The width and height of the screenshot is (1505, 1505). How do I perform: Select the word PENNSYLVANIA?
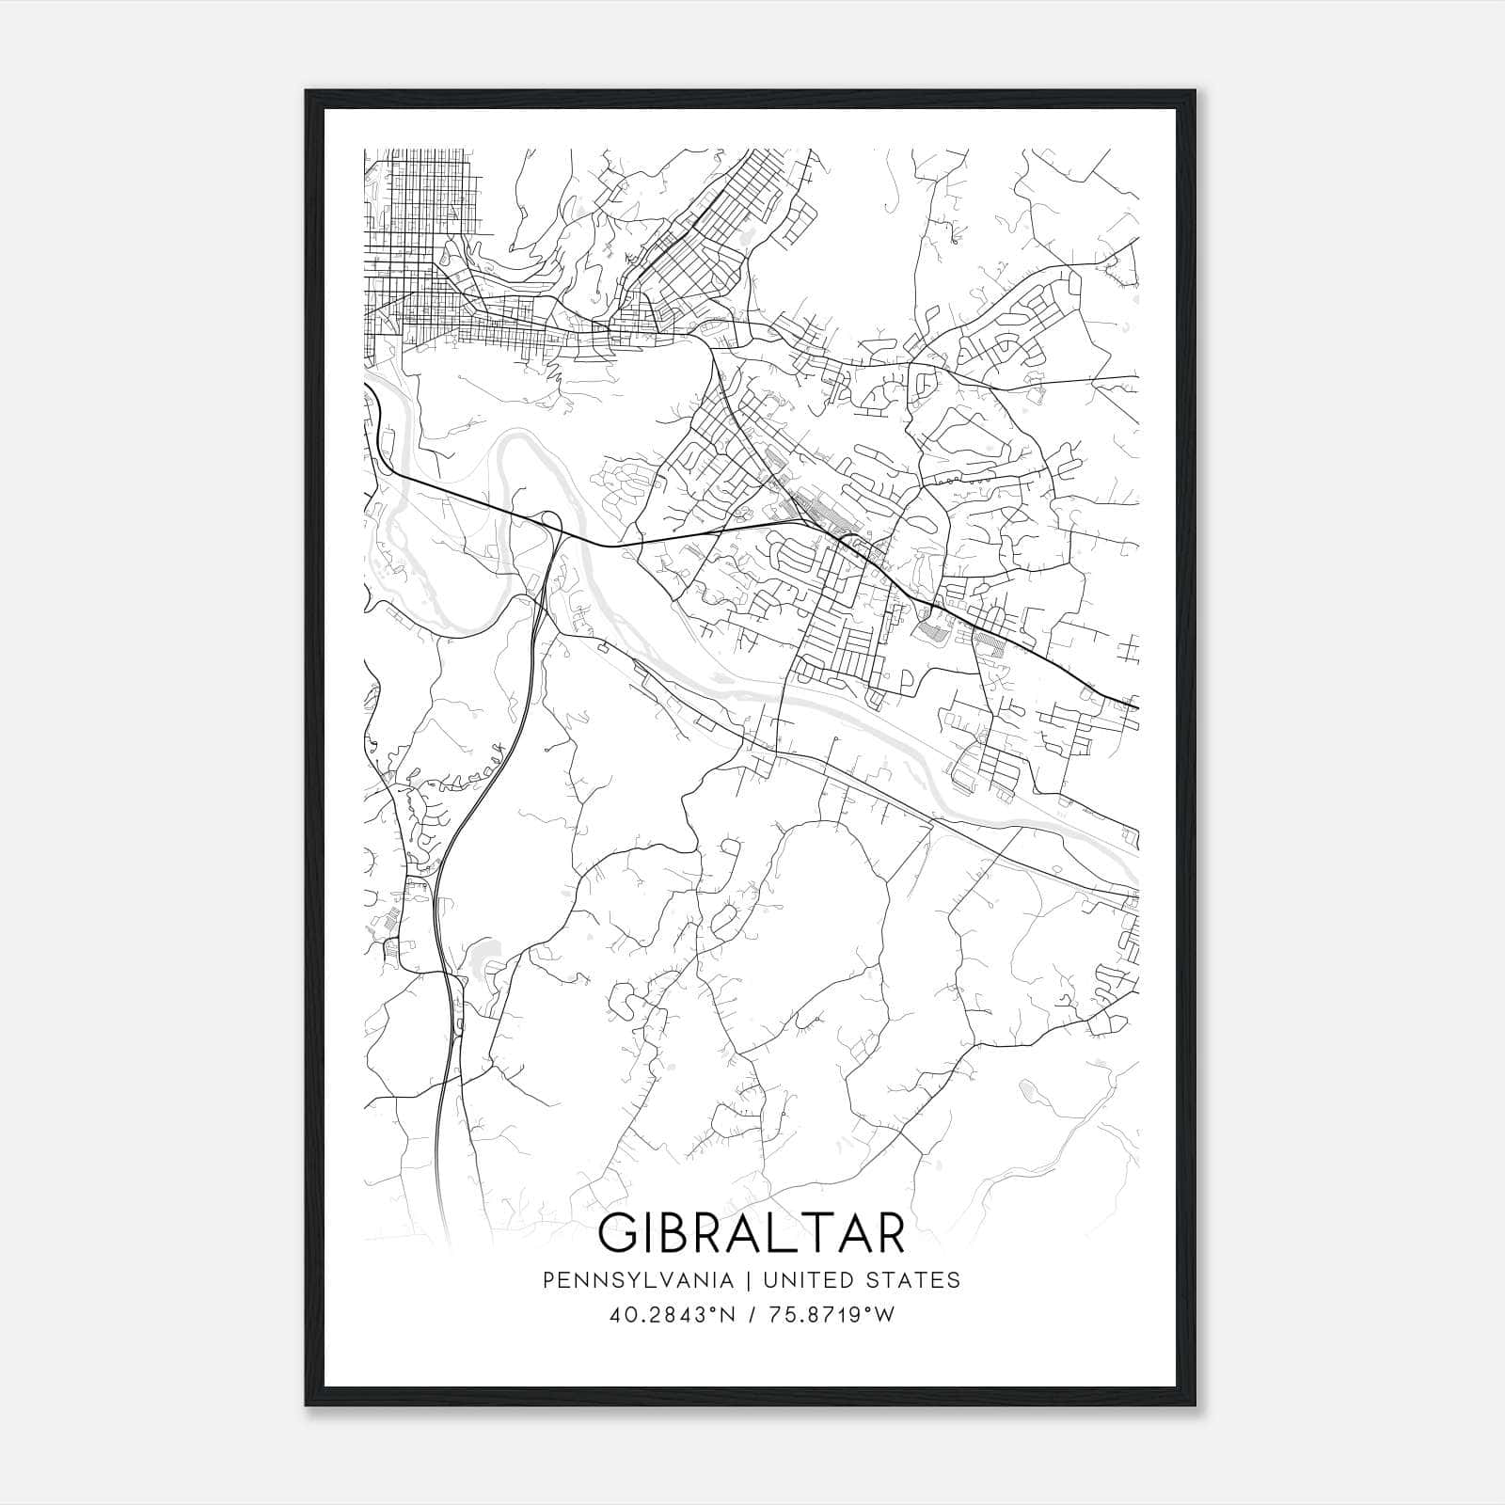tap(638, 1279)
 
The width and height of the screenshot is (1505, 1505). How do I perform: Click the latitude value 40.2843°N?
tap(669, 1315)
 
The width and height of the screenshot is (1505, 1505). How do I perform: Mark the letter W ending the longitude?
tap(884, 1315)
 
